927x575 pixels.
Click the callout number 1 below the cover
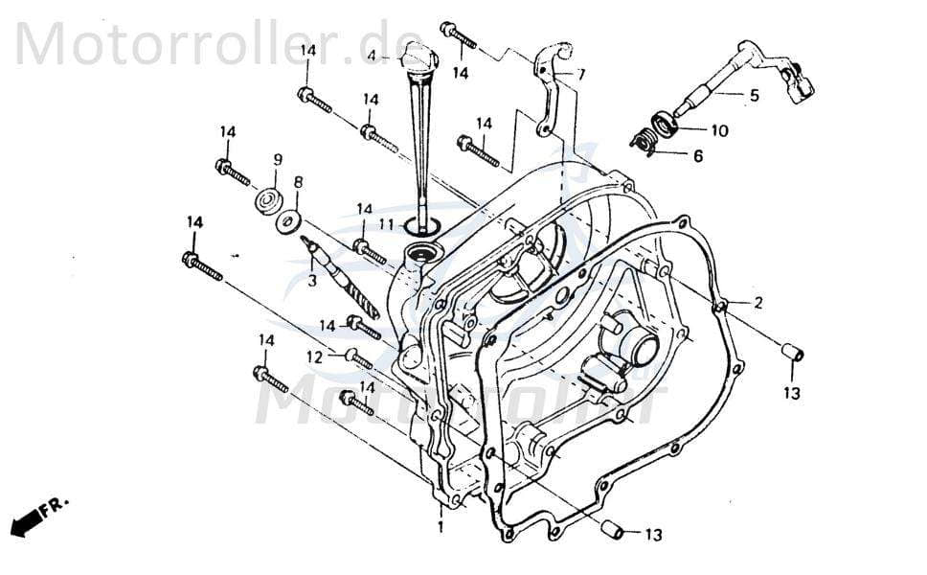(441, 527)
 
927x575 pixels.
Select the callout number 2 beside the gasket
(758, 304)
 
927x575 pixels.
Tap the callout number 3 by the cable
(310, 281)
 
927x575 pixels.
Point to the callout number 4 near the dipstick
(372, 57)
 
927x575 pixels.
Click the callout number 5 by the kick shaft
(754, 95)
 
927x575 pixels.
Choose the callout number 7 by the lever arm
(581, 74)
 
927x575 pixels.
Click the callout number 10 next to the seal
(719, 129)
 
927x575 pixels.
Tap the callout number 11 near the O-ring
(385, 224)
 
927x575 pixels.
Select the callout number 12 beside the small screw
(315, 356)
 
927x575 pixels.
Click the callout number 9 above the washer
(278, 159)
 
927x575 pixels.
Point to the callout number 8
(298, 181)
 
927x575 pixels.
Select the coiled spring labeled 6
(646, 143)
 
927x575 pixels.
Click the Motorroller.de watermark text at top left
(192, 42)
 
